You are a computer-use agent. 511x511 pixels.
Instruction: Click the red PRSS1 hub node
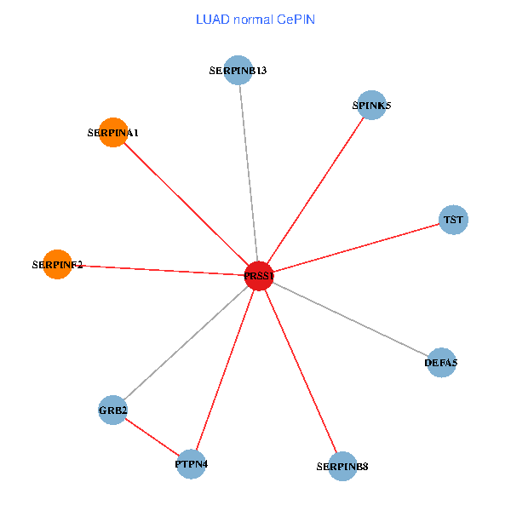(258, 275)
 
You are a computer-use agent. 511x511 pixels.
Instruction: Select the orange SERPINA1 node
(113, 132)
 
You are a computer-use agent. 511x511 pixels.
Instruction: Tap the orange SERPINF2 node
(57, 264)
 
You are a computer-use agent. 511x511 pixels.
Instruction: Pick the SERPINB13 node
(239, 70)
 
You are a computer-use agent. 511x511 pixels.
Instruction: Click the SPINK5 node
(371, 106)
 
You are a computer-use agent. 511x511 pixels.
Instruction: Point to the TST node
(453, 220)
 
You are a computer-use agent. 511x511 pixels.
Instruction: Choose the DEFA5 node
(440, 363)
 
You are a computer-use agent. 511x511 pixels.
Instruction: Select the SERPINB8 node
(342, 466)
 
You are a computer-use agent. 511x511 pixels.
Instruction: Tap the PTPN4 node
(192, 464)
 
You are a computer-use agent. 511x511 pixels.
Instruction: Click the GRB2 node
(113, 411)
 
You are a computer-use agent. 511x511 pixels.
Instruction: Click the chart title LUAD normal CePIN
(255, 19)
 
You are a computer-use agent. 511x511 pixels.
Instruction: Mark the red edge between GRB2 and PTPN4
(152, 438)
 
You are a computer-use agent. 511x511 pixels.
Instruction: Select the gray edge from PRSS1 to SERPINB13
(249, 173)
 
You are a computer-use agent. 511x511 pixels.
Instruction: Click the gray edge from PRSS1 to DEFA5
(349, 319)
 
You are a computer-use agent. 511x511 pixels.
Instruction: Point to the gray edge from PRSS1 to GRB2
(186, 343)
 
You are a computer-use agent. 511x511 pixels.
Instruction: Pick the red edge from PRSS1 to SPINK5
(315, 191)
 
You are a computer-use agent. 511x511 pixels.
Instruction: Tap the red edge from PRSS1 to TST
(356, 248)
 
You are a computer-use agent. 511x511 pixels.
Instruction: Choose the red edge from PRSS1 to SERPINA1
(186, 204)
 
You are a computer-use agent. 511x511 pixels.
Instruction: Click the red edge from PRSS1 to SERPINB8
(300, 370)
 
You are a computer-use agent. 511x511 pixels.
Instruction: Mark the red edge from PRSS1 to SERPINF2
(158, 270)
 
